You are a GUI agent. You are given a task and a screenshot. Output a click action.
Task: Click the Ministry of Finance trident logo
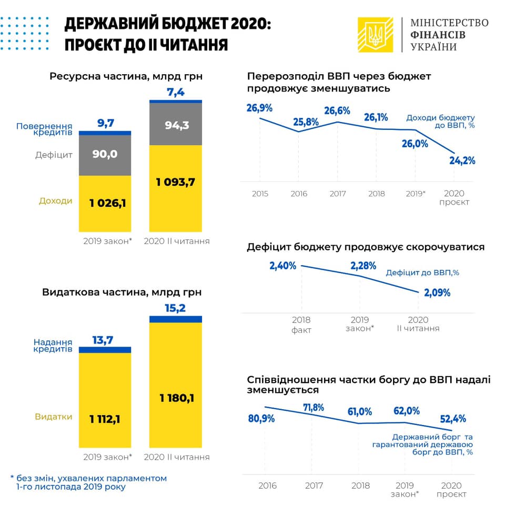click(375, 35)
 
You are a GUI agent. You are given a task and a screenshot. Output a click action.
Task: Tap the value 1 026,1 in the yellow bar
click(105, 203)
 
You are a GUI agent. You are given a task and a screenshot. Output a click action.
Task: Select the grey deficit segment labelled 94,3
click(175, 125)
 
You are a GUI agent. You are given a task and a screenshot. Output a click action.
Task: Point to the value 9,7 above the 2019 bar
click(106, 123)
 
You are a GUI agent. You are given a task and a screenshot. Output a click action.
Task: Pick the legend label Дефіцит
click(54, 155)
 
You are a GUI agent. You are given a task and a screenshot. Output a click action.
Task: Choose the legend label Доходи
click(56, 201)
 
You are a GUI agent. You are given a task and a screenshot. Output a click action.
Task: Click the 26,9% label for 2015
click(259, 108)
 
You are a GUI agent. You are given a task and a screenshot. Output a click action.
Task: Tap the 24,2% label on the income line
click(462, 160)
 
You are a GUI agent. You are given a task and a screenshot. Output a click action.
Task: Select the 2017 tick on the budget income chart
click(337, 194)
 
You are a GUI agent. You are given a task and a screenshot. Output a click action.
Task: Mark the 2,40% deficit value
click(283, 266)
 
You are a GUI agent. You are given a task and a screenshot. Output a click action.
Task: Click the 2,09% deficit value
click(437, 292)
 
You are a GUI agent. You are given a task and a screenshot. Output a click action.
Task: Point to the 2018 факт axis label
click(301, 325)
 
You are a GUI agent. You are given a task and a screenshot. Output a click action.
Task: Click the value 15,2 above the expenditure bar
click(175, 308)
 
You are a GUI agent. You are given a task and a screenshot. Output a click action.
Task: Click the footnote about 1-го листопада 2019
click(88, 482)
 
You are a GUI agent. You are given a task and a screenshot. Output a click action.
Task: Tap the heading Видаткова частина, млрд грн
click(122, 291)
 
